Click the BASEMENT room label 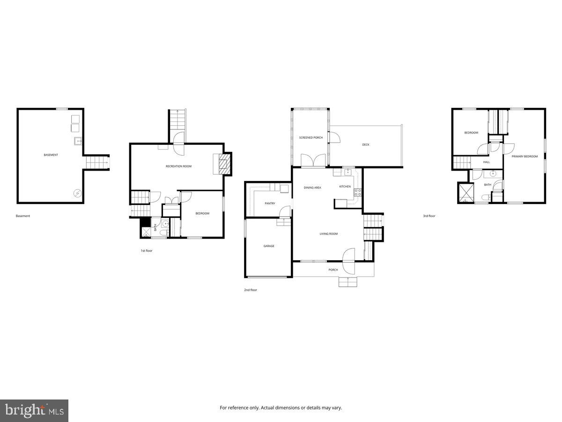(51, 155)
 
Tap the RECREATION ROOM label (178, 166)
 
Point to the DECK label (366, 145)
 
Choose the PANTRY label (270, 203)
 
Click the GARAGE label (269, 246)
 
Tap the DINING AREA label (312, 188)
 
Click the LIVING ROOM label (329, 234)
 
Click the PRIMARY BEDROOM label (525, 157)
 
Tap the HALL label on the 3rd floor (487, 162)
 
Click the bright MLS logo (34, 411)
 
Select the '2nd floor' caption (251, 290)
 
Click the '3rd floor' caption (429, 216)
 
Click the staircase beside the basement (97, 163)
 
